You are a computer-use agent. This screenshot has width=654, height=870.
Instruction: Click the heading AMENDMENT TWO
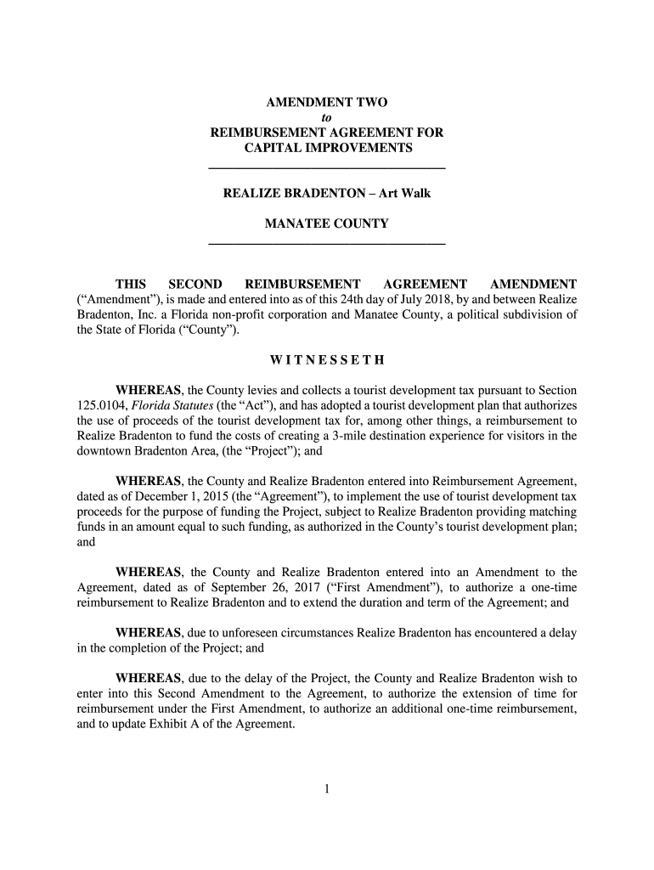point(327,103)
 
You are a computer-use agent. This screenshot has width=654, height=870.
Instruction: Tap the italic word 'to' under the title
point(327,118)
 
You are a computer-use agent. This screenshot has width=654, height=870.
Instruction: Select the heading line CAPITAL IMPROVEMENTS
point(327,149)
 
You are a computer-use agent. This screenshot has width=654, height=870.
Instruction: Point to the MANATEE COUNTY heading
point(327,224)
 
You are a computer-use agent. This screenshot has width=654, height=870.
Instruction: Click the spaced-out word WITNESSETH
point(327,360)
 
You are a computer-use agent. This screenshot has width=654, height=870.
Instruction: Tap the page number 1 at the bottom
point(327,789)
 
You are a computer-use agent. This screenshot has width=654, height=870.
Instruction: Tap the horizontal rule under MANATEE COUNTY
point(327,245)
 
